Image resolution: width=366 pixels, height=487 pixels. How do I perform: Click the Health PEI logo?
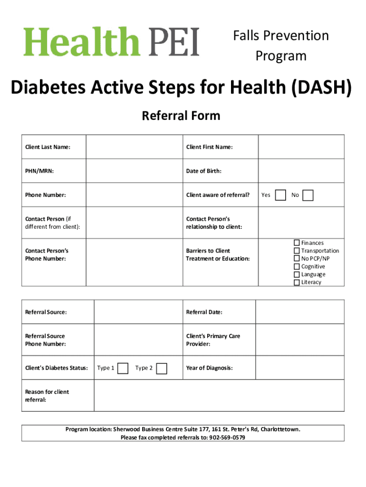click(x=111, y=42)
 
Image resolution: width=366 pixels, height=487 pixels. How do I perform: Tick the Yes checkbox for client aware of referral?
click(x=280, y=195)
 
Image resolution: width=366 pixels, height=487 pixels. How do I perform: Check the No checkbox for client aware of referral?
click(x=308, y=195)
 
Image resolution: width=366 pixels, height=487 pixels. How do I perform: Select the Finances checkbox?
click(x=297, y=243)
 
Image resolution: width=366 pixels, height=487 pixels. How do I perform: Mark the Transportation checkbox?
click(x=297, y=251)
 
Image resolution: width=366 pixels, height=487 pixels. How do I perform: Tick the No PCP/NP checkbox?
click(x=297, y=259)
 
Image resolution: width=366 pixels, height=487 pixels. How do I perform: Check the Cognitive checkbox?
click(x=297, y=266)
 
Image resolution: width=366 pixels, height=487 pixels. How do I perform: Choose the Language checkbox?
click(x=297, y=274)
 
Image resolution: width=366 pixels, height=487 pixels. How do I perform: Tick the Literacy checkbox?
click(x=297, y=282)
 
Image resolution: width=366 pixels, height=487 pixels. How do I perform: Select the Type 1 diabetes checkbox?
click(x=123, y=368)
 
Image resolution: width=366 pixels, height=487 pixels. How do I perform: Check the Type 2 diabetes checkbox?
click(x=162, y=368)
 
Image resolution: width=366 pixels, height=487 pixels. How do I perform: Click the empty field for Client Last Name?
click(x=134, y=147)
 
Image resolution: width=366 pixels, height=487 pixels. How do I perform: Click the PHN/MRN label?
click(x=39, y=171)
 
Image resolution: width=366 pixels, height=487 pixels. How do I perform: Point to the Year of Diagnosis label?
click(x=210, y=368)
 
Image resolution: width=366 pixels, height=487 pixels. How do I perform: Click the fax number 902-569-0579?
click(x=227, y=438)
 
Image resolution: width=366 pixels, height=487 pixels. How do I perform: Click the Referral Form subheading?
click(x=181, y=115)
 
